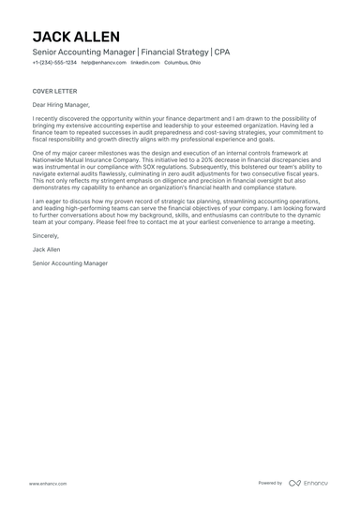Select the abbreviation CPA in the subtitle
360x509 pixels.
pyautogui.click(x=221, y=52)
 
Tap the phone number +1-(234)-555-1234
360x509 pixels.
pyautogui.click(x=54, y=63)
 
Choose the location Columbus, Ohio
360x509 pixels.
pyautogui.click(x=182, y=63)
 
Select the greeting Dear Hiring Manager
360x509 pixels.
pyautogui.click(x=64, y=106)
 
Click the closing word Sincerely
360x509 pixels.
pyautogui.click(x=46, y=238)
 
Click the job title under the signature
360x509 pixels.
pyautogui.click(x=69, y=263)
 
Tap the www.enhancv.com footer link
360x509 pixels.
pyautogui.click(x=46, y=483)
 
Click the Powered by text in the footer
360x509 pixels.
pyautogui.click(x=270, y=483)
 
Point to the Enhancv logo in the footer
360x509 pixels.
pyautogui.click(x=308, y=483)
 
